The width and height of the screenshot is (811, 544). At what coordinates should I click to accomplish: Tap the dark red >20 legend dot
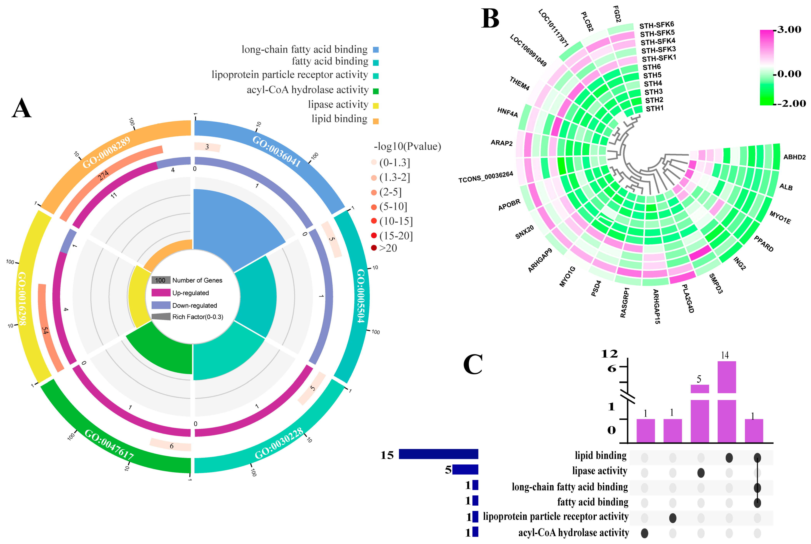pos(374,248)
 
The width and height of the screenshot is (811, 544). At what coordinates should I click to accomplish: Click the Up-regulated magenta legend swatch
pos(161,293)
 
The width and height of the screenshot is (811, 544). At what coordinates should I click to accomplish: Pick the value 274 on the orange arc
pos(103,176)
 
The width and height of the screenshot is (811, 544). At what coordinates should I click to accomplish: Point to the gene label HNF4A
pos(507,112)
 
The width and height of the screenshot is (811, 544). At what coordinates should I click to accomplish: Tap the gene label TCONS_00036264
pos(486,177)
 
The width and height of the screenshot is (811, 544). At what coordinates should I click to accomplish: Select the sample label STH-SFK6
pos(657,25)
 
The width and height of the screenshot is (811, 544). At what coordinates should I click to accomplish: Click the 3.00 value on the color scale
pos(789,30)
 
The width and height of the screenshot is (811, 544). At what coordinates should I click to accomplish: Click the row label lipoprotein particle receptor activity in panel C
pos(555,517)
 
